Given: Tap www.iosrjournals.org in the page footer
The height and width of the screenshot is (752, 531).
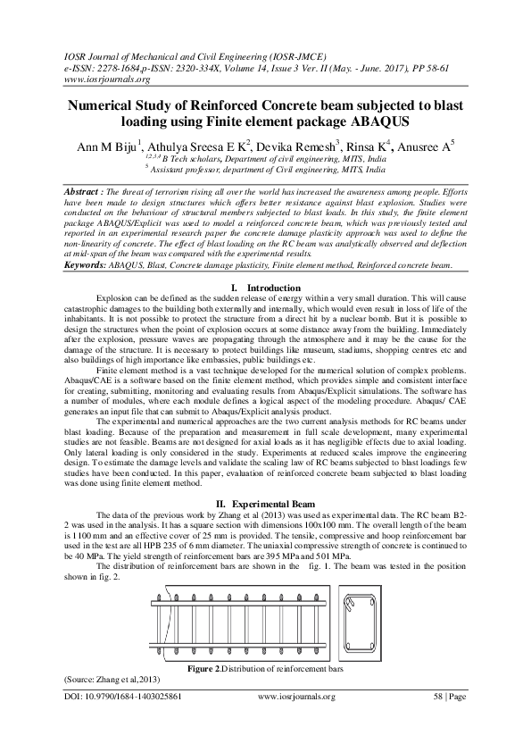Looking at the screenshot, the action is (295, 696).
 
